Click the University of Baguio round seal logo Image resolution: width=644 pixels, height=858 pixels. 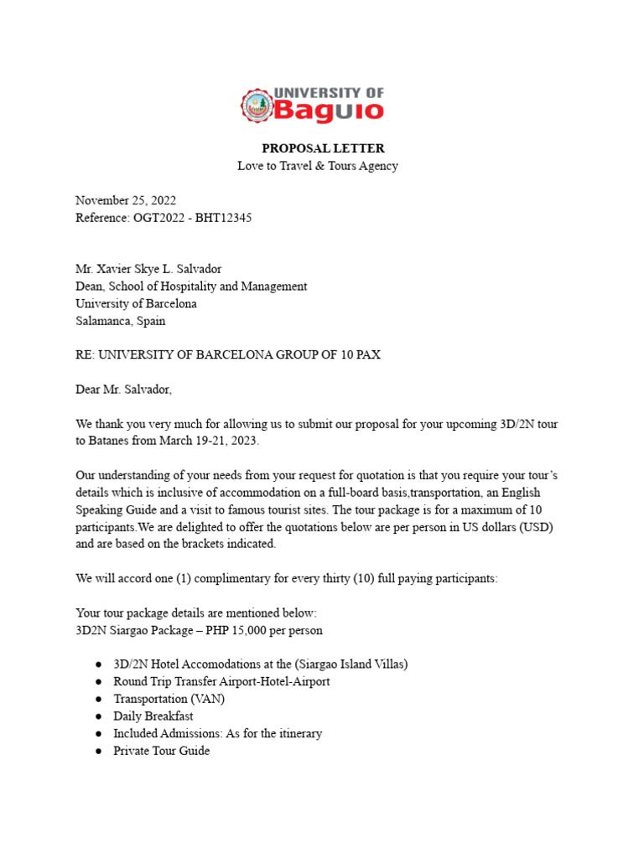257,105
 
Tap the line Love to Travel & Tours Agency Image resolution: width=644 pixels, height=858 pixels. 317,166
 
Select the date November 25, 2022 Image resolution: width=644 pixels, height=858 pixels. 126,200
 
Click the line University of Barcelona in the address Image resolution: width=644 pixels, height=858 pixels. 136,303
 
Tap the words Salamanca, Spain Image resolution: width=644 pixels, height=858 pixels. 121,321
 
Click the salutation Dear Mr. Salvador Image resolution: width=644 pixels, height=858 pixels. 123,390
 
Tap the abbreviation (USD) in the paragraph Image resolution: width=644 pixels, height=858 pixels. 536,527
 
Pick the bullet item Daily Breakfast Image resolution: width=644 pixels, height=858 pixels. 153,716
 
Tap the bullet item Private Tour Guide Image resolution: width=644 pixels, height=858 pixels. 162,751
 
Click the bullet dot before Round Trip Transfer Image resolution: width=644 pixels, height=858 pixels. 99,682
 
